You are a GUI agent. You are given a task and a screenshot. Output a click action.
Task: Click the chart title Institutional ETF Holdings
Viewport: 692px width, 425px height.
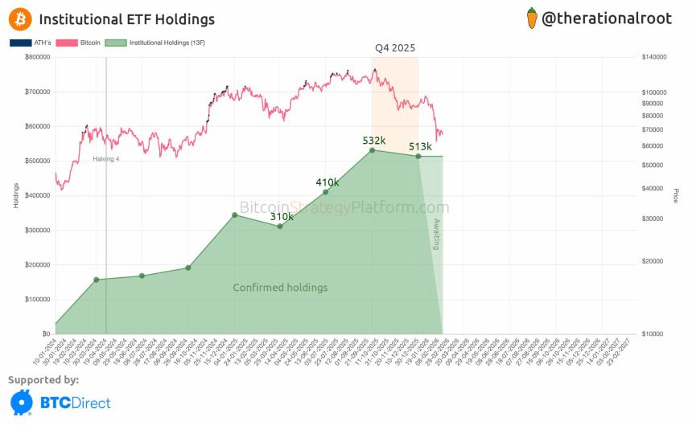click(126, 18)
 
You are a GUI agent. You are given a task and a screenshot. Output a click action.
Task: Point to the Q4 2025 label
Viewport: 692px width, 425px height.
click(395, 48)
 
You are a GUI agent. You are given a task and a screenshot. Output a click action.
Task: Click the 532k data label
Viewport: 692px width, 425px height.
click(374, 141)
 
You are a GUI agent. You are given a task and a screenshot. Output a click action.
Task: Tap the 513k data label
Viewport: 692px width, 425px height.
click(420, 146)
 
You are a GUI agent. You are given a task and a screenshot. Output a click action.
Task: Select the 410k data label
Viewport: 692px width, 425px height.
click(327, 182)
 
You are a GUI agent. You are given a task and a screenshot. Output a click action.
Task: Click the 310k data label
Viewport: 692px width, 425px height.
click(282, 216)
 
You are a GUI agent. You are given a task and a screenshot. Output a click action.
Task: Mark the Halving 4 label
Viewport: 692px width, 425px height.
click(105, 159)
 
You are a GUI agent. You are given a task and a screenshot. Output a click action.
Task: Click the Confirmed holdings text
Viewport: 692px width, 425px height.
click(280, 287)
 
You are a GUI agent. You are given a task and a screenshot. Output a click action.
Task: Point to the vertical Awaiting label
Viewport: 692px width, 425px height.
click(436, 234)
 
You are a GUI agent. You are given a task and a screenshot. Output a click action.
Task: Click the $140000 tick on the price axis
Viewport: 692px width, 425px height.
click(656, 58)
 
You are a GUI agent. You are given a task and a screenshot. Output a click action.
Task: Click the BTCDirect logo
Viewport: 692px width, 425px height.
click(60, 402)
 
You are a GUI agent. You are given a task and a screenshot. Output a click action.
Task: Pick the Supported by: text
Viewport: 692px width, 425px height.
click(43, 379)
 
